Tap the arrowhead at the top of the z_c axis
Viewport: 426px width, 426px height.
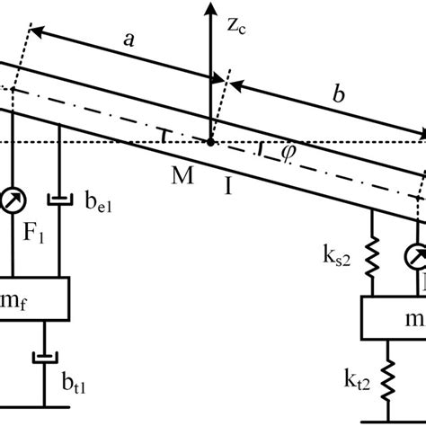coord(210,8)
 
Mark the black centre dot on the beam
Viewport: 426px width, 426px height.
coord(210,142)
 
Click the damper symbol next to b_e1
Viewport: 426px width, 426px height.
coord(60,199)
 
